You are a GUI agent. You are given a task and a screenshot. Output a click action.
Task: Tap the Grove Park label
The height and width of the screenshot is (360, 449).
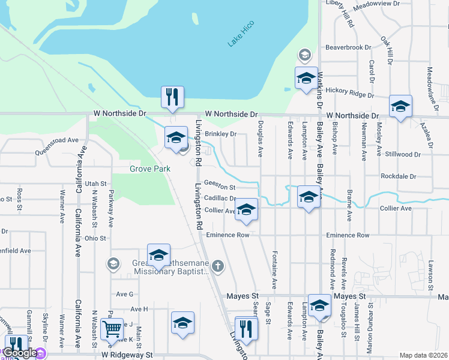[150, 169]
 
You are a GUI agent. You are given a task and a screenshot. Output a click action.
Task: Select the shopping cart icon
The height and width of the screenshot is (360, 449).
[112, 329]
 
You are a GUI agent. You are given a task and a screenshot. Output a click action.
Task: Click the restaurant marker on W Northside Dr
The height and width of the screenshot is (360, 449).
[172, 97]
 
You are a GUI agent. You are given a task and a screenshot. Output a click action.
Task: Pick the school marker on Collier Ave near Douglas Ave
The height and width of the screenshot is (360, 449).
[246, 209]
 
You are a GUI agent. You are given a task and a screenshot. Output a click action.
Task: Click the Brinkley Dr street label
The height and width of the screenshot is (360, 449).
[221, 134]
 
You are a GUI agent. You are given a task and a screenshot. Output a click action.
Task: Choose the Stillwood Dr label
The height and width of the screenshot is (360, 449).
[401, 154]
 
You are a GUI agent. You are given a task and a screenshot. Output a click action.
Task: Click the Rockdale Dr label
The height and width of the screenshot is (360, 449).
[399, 176]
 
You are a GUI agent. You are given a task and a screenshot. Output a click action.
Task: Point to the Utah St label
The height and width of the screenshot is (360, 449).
[95, 183]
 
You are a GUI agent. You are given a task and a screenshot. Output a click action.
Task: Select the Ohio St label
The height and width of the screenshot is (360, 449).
[95, 238]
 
